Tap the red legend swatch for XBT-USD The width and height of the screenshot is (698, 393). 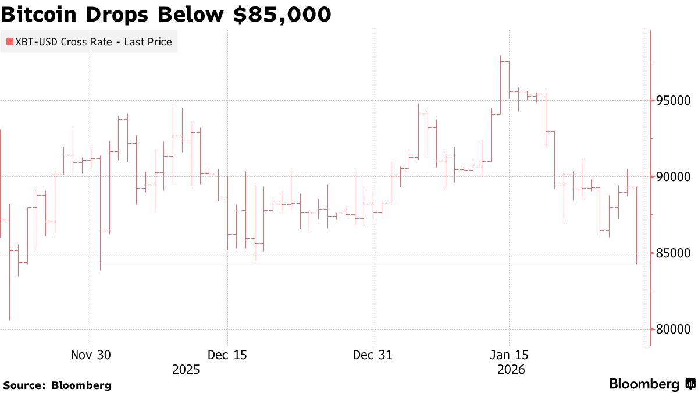pyautogui.click(x=9, y=42)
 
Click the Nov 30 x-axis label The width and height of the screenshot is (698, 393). pyautogui.click(x=91, y=355)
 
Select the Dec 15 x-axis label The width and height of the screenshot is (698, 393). pyautogui.click(x=227, y=355)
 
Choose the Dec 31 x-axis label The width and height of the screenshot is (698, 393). pyautogui.click(x=373, y=355)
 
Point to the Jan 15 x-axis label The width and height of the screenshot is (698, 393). pyautogui.click(x=509, y=355)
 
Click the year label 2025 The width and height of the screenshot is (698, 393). pyautogui.click(x=186, y=370)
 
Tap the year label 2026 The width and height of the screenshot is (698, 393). pyautogui.click(x=512, y=370)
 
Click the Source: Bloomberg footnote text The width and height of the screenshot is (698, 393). pyautogui.click(x=57, y=385)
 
